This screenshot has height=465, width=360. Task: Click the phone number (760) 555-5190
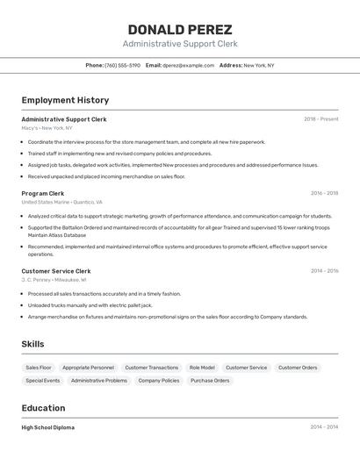click(122, 65)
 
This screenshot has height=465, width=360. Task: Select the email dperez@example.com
click(188, 65)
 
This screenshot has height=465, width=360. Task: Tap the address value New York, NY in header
click(258, 65)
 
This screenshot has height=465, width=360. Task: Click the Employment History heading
click(65, 100)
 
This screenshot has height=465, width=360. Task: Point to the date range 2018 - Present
click(320, 118)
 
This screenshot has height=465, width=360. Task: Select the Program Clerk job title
click(43, 193)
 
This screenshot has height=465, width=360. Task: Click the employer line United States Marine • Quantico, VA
click(61, 202)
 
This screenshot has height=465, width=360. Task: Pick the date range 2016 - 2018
click(323, 193)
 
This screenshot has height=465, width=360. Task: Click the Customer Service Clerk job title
click(56, 271)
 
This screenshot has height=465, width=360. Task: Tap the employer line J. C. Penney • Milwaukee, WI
click(54, 280)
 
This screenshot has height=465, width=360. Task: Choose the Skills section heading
click(32, 344)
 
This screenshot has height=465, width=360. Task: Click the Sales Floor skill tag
click(39, 368)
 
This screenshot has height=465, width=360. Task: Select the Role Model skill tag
click(202, 368)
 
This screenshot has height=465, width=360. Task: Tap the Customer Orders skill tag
click(297, 368)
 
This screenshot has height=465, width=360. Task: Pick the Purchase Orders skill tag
click(210, 381)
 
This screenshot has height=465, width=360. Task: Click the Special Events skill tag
click(42, 381)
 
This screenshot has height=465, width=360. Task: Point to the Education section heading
click(43, 408)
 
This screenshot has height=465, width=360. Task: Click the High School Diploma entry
click(48, 427)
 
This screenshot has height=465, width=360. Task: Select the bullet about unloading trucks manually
click(90, 305)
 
